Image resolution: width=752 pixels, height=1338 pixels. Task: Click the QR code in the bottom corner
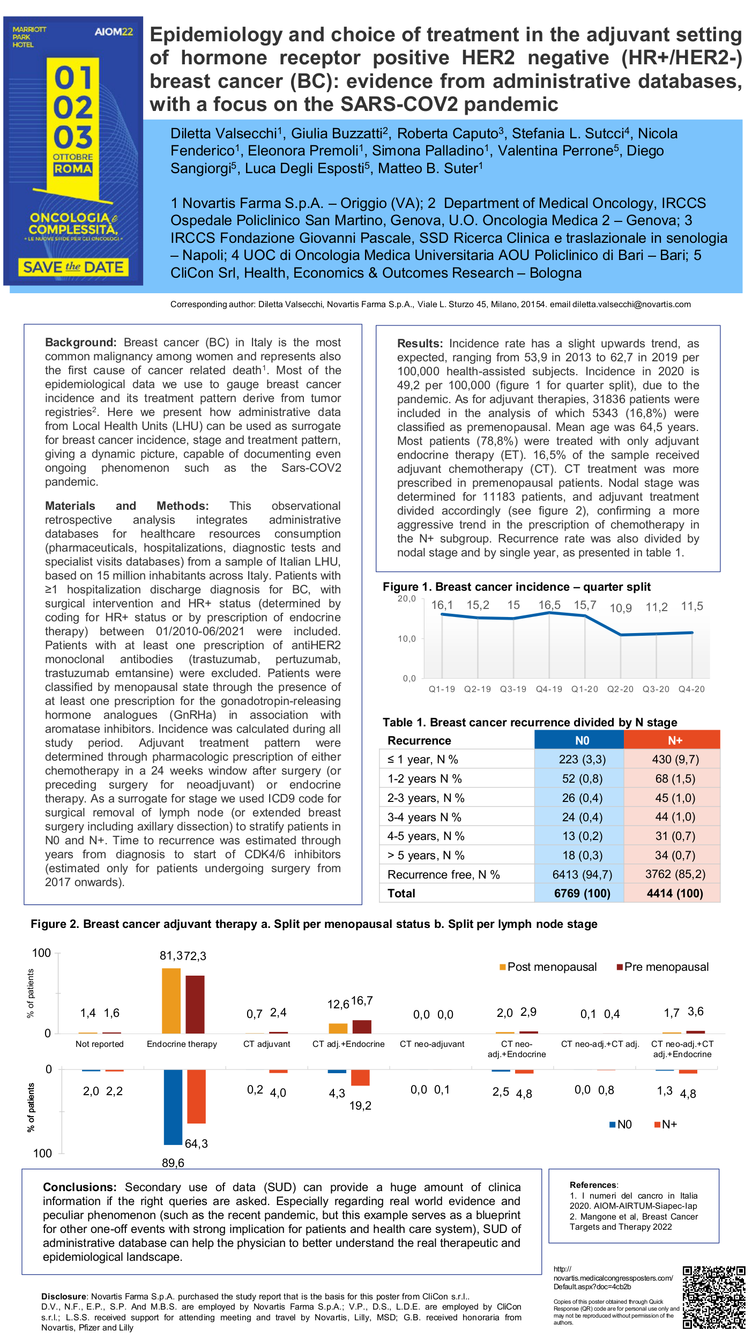coord(713,1297)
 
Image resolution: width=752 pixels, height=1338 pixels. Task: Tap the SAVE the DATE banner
coord(73,267)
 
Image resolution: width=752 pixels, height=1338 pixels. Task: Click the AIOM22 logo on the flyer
coord(114,32)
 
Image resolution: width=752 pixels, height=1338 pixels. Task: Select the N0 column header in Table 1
coord(582,740)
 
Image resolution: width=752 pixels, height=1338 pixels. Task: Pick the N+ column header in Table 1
coord(674,740)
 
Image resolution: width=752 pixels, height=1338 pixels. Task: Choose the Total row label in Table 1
coord(401,893)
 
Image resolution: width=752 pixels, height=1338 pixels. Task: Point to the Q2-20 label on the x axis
coord(620,689)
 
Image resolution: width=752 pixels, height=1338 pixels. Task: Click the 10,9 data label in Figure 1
coord(621,608)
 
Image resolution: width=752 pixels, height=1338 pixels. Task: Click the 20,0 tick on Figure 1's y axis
coord(406,598)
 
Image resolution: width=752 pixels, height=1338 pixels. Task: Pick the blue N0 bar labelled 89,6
coord(173,1107)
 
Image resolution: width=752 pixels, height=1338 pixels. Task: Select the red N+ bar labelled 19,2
coord(360,1077)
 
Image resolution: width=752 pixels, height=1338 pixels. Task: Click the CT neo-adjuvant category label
coord(432,1044)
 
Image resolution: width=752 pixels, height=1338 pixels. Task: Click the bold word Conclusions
coord(79,1187)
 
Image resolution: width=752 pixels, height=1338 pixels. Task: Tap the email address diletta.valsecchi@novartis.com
coord(631,304)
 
